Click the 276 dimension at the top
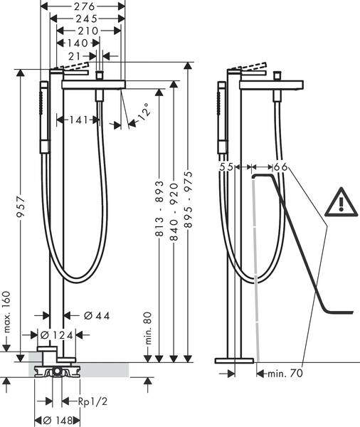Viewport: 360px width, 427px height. [84, 6]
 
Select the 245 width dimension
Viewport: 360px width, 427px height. [87, 19]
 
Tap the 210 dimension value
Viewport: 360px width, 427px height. [88, 31]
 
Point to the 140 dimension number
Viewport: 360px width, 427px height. [78, 43]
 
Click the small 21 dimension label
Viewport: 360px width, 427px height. [74, 56]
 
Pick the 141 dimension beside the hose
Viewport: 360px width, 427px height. [78, 120]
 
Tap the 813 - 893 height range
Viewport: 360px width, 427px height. [159, 208]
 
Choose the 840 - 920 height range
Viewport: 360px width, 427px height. [174, 211]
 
